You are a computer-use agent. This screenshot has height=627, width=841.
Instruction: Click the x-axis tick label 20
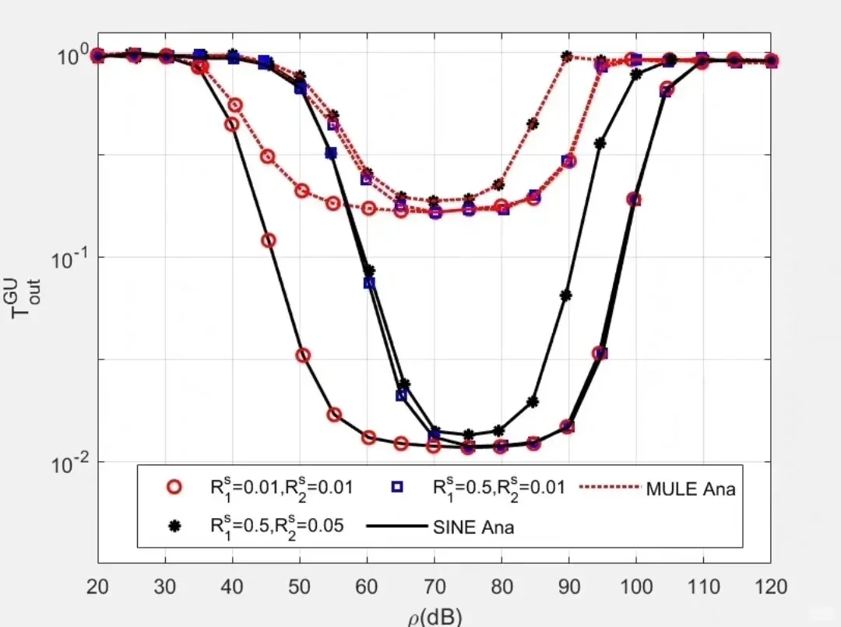click(x=97, y=587)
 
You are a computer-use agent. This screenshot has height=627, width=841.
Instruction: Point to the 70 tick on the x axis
click(x=434, y=587)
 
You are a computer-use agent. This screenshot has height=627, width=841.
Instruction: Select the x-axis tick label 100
click(x=635, y=587)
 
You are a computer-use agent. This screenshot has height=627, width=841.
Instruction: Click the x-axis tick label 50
click(x=299, y=587)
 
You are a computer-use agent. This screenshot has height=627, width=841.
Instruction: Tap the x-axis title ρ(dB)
click(x=435, y=617)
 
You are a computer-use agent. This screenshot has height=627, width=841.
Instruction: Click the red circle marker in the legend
click(x=174, y=487)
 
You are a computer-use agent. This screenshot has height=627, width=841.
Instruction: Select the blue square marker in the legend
click(x=396, y=487)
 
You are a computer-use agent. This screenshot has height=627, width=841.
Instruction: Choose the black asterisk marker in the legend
click(x=174, y=526)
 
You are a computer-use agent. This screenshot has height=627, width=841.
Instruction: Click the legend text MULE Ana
click(x=690, y=489)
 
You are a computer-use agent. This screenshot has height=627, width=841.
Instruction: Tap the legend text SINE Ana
click(x=473, y=527)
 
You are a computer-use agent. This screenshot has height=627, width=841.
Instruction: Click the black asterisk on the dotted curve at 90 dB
click(x=567, y=57)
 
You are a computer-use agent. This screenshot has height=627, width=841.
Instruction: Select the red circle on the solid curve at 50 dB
click(x=303, y=356)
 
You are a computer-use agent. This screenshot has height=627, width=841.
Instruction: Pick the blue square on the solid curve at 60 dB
click(x=369, y=282)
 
